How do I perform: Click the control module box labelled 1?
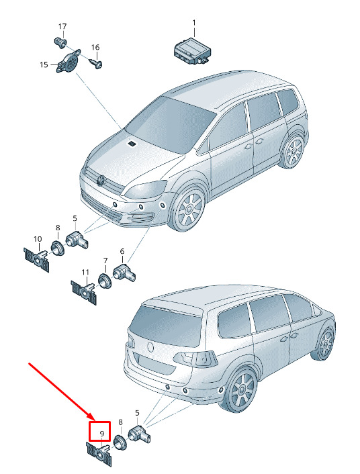click(191, 52)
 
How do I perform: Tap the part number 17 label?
click(62, 27)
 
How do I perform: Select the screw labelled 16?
click(97, 63)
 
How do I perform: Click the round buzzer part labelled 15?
click(69, 61)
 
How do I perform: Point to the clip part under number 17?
click(60, 42)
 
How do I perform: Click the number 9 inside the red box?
click(102, 434)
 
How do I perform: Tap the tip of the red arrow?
click(95, 421)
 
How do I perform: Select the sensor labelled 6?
click(124, 271)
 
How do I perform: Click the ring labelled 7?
click(105, 281)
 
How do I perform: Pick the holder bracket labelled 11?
click(84, 291)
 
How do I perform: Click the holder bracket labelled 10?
click(37, 258)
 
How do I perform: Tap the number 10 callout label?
click(38, 239)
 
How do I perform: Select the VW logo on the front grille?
click(100, 180)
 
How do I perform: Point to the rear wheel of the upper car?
click(293, 150)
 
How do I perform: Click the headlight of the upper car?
click(146, 189)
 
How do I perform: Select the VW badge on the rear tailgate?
click(150, 347)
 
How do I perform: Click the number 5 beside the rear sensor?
click(137, 413)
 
